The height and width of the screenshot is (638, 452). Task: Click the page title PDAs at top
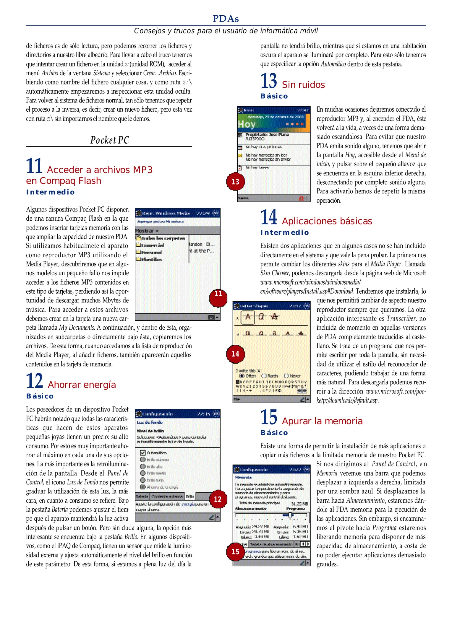click(x=226, y=19)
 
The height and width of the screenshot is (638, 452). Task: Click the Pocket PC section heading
click(x=109, y=140)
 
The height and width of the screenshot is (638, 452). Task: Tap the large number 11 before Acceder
click(x=34, y=166)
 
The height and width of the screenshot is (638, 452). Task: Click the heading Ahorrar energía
click(x=82, y=385)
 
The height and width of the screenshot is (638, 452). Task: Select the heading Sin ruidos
click(x=303, y=85)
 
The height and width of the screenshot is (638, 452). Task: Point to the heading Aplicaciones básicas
click(x=327, y=221)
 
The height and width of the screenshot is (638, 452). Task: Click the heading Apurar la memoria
click(x=322, y=421)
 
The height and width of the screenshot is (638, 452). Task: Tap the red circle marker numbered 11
click(x=218, y=294)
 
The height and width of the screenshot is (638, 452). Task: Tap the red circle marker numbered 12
click(x=218, y=499)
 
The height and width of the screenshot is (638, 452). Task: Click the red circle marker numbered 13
click(x=235, y=182)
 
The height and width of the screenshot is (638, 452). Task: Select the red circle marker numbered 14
click(x=235, y=354)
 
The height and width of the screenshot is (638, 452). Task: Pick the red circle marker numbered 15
click(x=235, y=551)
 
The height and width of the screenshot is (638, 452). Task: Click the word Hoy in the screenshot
click(x=247, y=124)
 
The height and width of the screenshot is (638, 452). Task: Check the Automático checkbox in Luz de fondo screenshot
click(x=143, y=453)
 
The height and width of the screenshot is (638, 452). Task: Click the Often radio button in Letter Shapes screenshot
click(x=242, y=376)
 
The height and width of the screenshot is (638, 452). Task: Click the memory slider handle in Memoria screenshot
click(x=290, y=515)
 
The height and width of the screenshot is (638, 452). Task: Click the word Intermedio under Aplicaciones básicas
click(x=284, y=233)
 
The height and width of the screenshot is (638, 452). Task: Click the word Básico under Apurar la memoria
click(x=274, y=433)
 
